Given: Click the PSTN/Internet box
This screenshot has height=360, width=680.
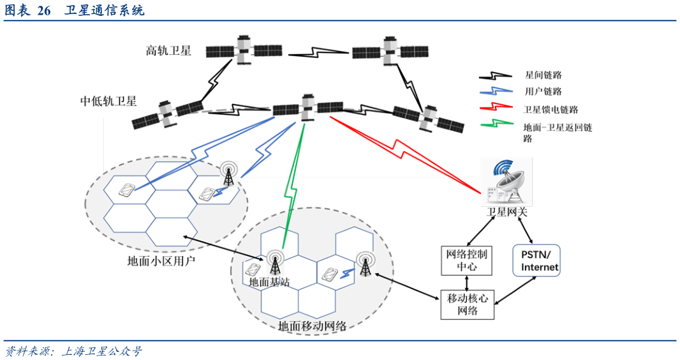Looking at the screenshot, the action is (x=536, y=260).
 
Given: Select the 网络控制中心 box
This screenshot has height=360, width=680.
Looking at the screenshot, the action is (x=467, y=260).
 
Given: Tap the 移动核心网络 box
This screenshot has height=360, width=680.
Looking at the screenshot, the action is (x=468, y=305).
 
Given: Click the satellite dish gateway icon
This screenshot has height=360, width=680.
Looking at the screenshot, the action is (x=506, y=182).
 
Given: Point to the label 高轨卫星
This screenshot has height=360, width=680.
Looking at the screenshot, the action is (x=168, y=51).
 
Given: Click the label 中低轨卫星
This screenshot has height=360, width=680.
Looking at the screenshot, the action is (x=108, y=101).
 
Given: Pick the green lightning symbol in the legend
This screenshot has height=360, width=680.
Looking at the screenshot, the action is (x=496, y=124).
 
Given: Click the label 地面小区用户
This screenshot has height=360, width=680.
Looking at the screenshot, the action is (x=161, y=261).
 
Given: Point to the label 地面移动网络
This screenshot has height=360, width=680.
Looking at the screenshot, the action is (x=312, y=326).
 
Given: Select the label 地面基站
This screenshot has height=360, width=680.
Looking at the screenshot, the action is (x=269, y=282).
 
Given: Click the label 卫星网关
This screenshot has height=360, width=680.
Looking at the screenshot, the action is (x=506, y=212).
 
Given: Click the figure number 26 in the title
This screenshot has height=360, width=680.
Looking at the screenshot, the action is (x=44, y=10).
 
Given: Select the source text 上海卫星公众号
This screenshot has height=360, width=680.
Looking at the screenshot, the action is (x=102, y=351).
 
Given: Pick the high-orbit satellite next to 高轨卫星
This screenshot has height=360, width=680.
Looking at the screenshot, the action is (x=244, y=51).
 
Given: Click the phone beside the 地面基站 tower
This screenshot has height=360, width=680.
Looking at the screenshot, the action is (x=253, y=270).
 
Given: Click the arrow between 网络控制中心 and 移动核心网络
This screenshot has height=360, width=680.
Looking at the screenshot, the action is (x=467, y=282).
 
